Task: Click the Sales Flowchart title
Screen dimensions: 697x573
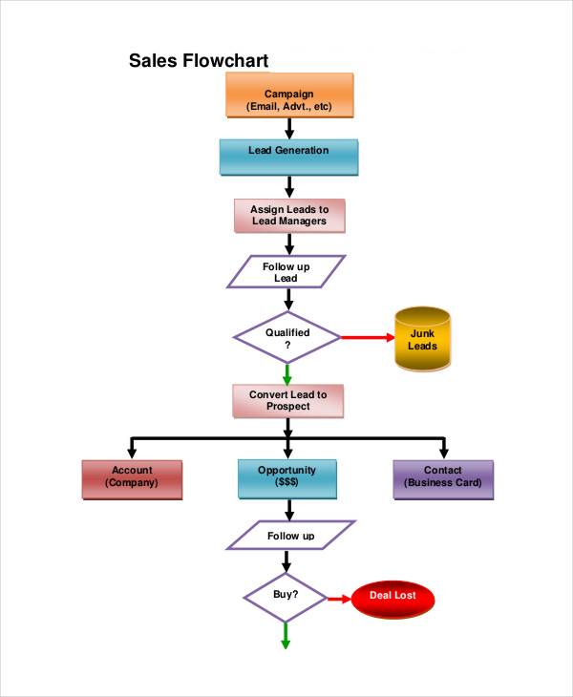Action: [199, 61]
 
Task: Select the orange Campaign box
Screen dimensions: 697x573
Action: [289, 98]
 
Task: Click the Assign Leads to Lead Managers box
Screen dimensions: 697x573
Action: [288, 215]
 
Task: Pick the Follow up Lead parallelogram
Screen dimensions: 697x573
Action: [286, 272]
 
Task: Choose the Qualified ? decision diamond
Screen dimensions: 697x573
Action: [287, 338]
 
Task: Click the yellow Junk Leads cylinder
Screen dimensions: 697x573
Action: [423, 339]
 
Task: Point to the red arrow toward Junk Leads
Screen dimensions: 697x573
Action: [368, 338]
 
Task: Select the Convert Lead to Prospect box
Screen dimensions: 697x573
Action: [287, 400]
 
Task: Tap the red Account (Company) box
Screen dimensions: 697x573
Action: [132, 477]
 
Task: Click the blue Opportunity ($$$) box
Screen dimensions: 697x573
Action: [286, 477]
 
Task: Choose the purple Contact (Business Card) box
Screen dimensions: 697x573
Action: [443, 477]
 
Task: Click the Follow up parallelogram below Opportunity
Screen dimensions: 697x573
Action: [290, 536]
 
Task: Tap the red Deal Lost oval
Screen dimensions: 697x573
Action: [393, 599]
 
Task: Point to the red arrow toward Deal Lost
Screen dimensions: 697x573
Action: [340, 599]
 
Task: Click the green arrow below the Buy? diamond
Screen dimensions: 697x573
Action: [286, 636]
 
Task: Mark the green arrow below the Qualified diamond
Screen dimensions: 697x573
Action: [286, 373]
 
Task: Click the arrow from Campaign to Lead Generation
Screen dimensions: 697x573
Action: [288, 128]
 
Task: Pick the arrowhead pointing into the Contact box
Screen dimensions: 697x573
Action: [443, 453]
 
